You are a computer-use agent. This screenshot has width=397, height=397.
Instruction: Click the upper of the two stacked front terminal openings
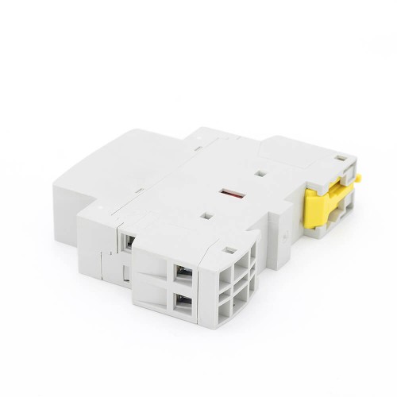tap(181, 272)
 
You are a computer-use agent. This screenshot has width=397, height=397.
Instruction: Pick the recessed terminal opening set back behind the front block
tap(126, 238)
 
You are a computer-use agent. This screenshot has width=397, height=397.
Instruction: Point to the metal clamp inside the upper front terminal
tap(183, 274)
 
